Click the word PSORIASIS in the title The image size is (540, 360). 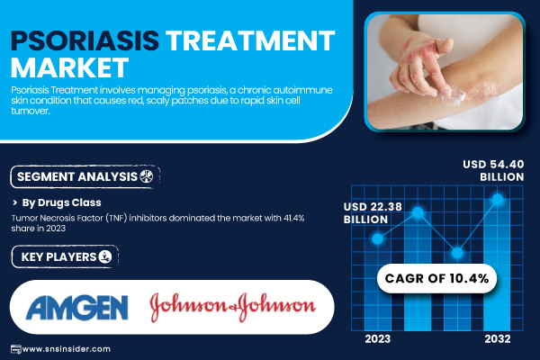pyautogui.click(x=85, y=40)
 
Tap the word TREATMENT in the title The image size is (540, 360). pyautogui.click(x=250, y=40)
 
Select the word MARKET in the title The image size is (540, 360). pyautogui.click(x=70, y=67)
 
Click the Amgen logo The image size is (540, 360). pyautogui.click(x=77, y=307)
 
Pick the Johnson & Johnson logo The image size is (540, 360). pyautogui.click(x=233, y=306)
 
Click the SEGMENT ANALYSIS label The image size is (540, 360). pyautogui.click(x=77, y=176)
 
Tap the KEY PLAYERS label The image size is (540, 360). pyautogui.click(x=58, y=257)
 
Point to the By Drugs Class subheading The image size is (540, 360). pyautogui.click(x=61, y=202)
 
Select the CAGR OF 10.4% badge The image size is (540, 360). pyautogui.click(x=436, y=278)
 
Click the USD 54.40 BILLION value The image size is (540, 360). pyautogui.click(x=493, y=170)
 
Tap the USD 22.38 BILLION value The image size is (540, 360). pyautogui.click(x=373, y=213)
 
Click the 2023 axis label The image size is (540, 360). pyautogui.click(x=378, y=339)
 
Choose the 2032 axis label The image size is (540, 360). pyautogui.click(x=498, y=339)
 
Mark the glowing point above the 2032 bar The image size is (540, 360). pyautogui.click(x=498, y=199)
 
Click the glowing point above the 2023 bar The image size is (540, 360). pyautogui.click(x=378, y=238)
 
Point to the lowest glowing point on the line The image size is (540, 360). pyautogui.click(x=457, y=253)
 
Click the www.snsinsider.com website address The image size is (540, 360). pyautogui.click(x=67, y=349)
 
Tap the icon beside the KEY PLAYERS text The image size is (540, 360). pyautogui.click(x=105, y=256)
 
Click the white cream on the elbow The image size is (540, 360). pyautogui.click(x=452, y=96)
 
